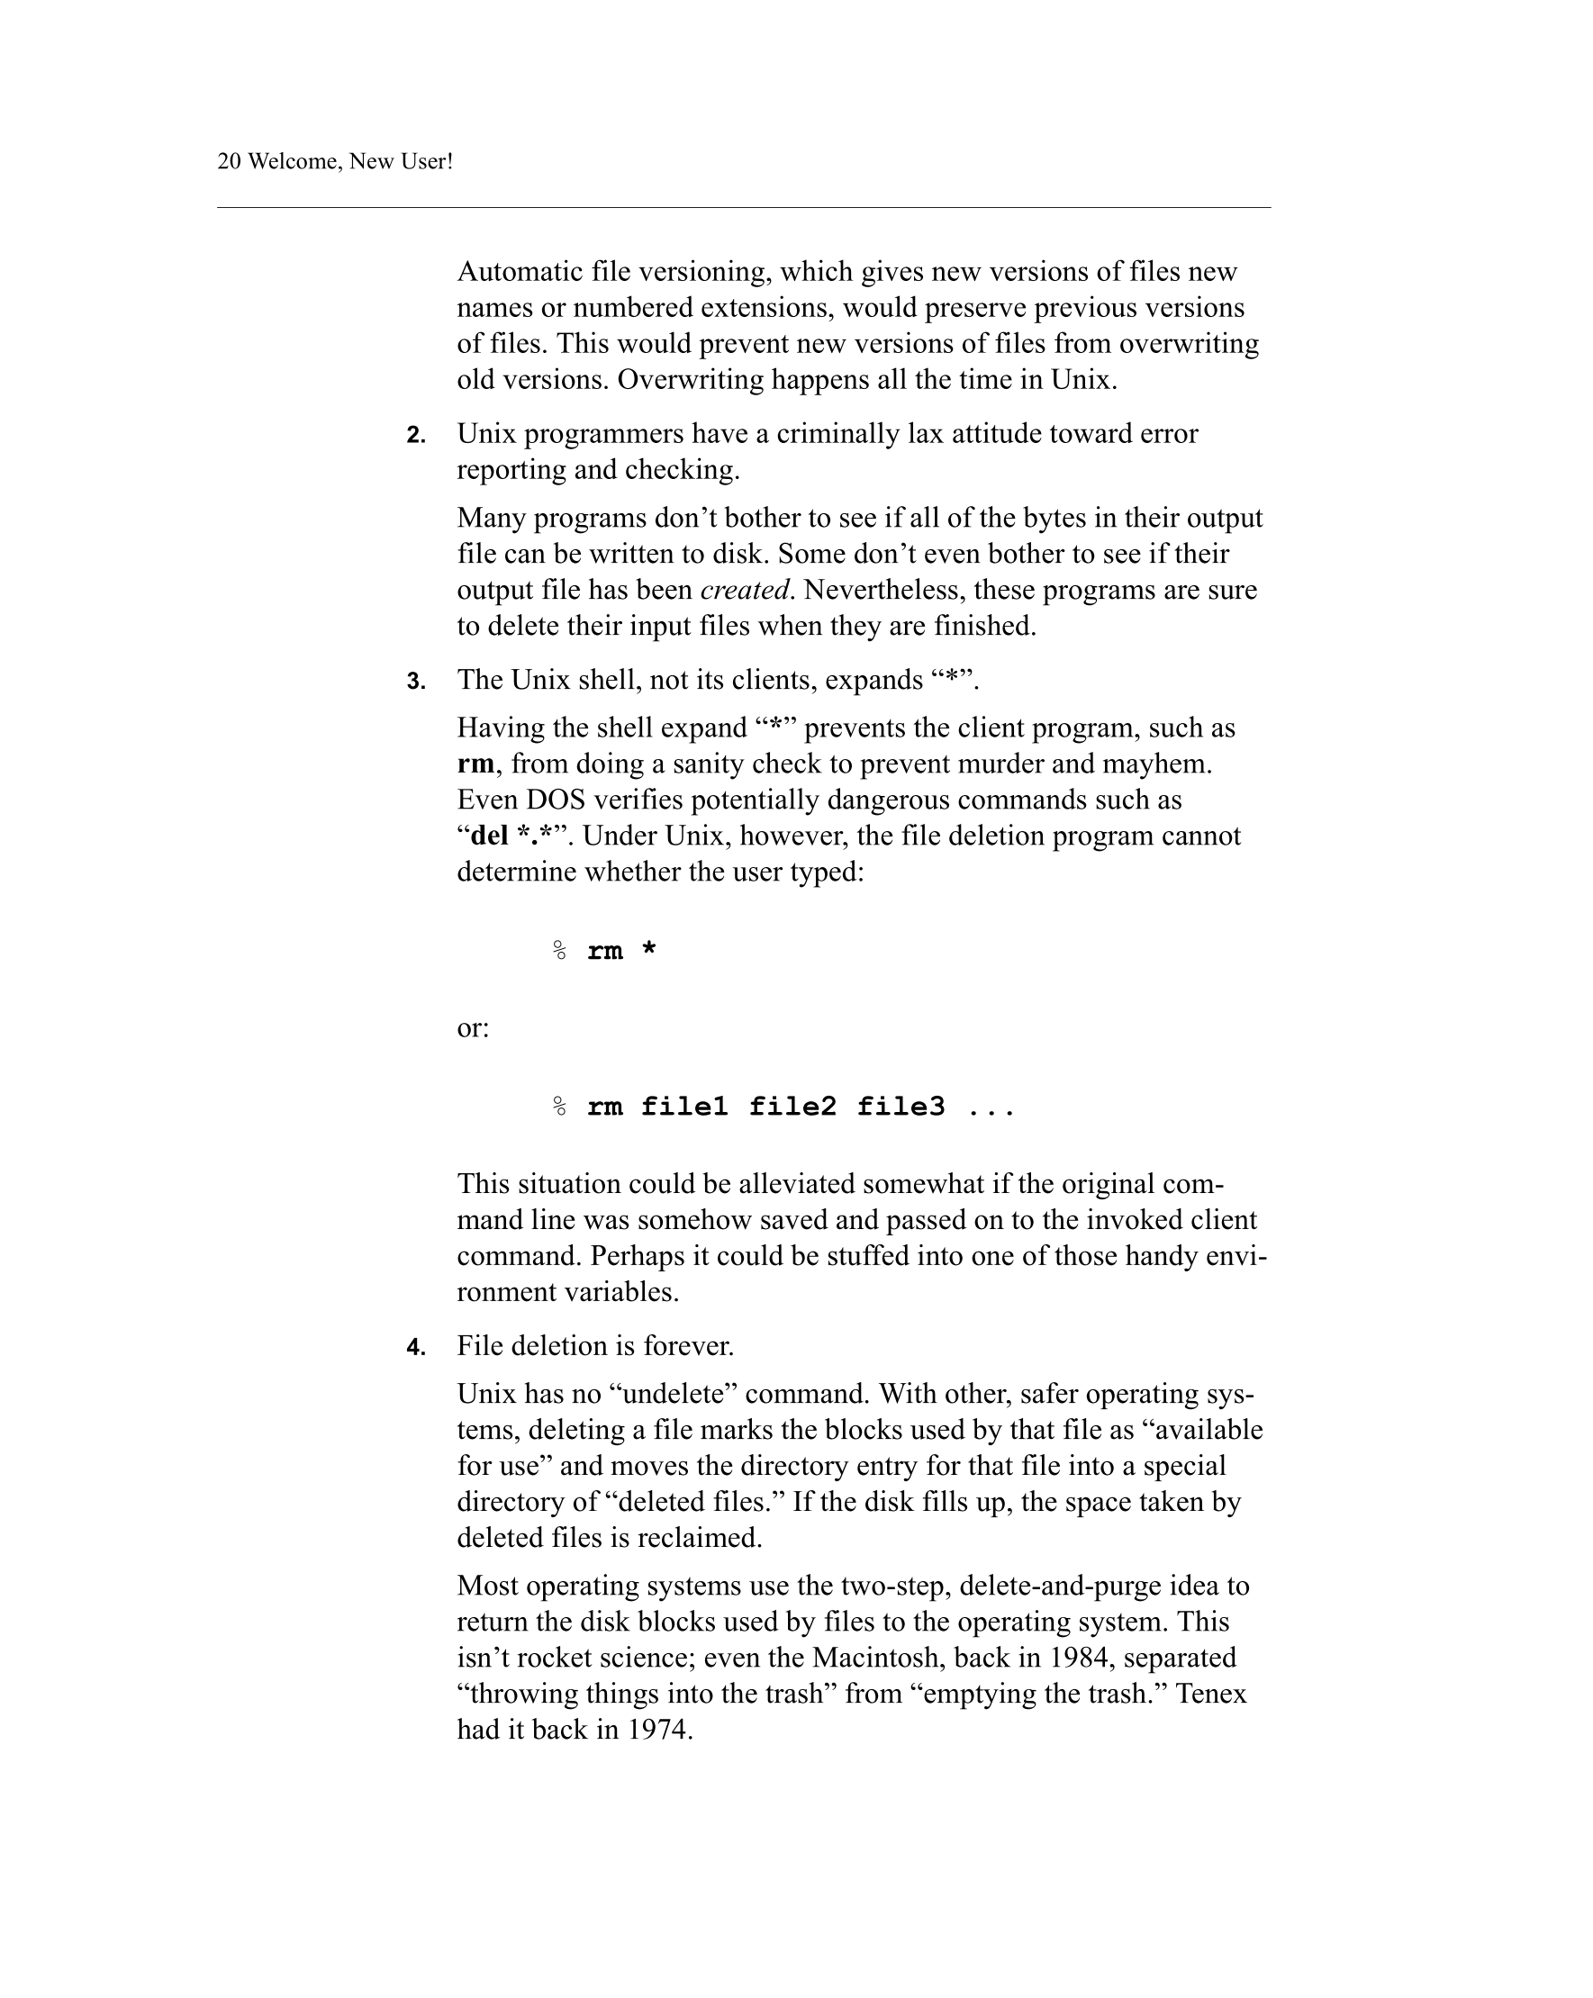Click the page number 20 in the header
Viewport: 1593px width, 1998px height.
pos(229,161)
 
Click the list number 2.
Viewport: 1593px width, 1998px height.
pos(416,435)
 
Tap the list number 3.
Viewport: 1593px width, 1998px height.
pos(416,681)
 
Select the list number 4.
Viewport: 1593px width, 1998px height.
pos(416,1347)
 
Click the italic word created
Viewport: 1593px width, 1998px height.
pos(744,591)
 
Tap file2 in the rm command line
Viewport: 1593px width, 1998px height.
pos(792,1107)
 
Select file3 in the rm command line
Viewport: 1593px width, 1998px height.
pos(900,1107)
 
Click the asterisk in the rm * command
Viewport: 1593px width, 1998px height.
pos(648,950)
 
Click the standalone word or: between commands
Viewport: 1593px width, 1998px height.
pos(473,1027)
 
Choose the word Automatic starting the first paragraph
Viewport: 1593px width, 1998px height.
pos(520,272)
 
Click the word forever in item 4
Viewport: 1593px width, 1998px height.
pos(688,1345)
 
